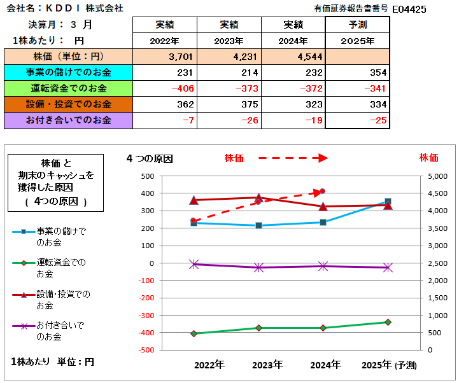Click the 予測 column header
[358, 25]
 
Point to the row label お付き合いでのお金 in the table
[68, 120]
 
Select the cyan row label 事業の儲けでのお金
[68, 73]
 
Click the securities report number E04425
[409, 9]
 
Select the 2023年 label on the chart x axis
[267, 365]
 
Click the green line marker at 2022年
[194, 333]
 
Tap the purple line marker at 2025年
[388, 268]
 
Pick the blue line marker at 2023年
[258, 225]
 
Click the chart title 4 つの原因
[150, 158]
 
